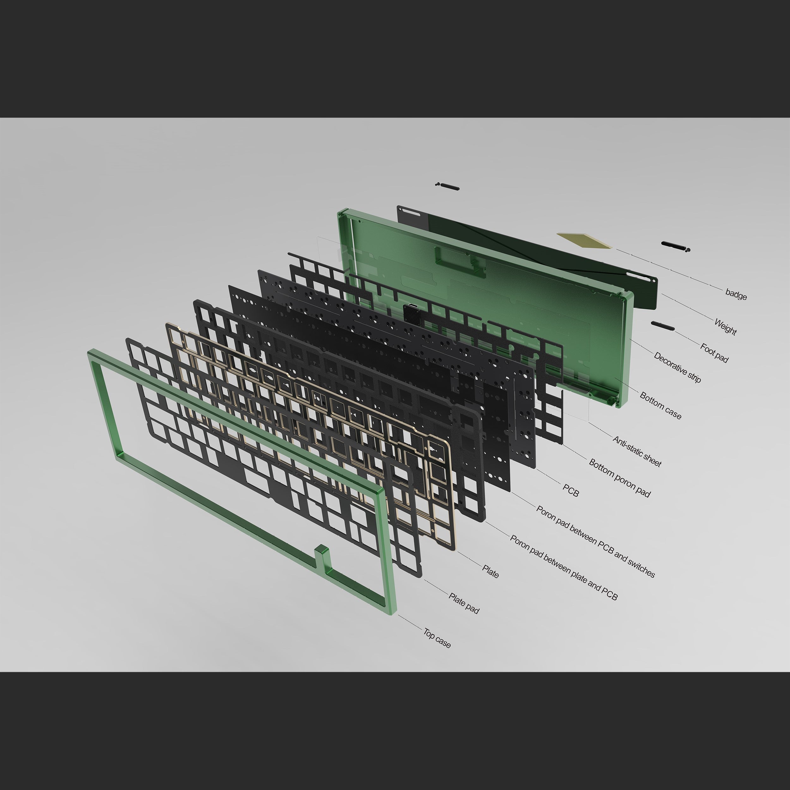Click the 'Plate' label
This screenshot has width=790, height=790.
pyautogui.click(x=490, y=572)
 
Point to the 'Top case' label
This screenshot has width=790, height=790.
pyautogui.click(x=437, y=638)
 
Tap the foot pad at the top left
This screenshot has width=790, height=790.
pyautogui.click(x=448, y=186)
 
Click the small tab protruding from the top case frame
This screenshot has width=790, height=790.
pyautogui.click(x=321, y=558)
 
